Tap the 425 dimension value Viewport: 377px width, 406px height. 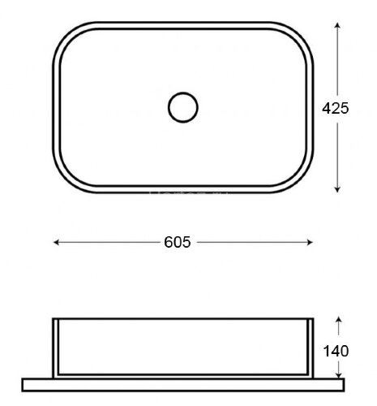(335, 108)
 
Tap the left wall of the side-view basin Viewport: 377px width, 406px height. (56, 348)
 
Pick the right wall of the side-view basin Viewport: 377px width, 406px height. (311, 348)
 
